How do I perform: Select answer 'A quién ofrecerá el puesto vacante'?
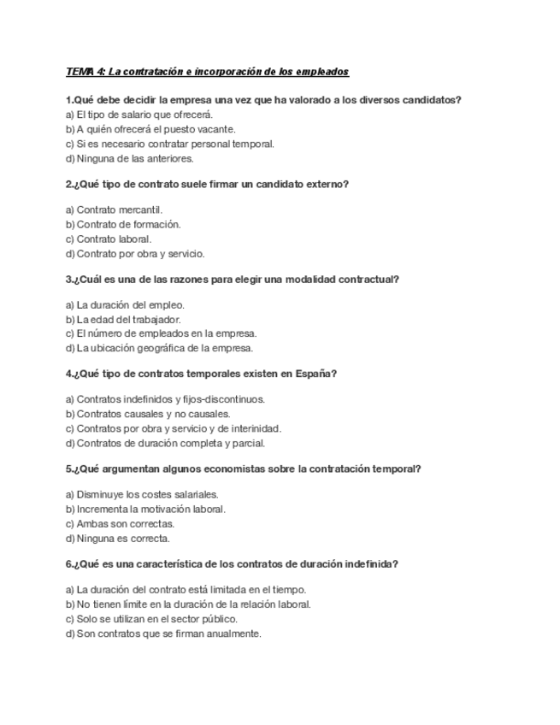150,129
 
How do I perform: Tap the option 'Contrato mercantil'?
114,209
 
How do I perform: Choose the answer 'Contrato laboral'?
109,239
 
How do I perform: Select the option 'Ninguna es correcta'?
118,538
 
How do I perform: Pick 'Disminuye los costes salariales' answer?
142,494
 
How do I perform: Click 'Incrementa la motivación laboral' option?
145,509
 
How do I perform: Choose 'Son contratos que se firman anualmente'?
163,634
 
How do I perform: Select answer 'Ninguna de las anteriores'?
130,158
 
